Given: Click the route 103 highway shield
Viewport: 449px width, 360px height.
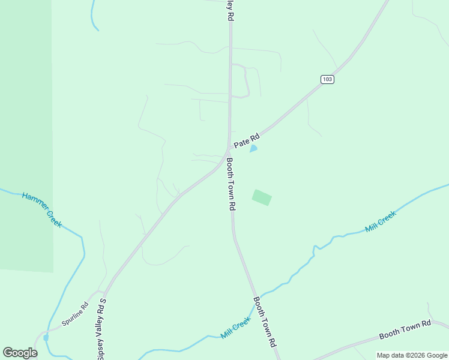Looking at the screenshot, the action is coord(327,79).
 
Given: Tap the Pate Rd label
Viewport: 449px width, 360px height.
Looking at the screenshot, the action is coord(246,142).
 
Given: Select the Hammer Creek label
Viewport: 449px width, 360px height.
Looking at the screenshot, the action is coord(41,209).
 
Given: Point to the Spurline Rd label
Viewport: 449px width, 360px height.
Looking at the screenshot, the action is coord(74,314).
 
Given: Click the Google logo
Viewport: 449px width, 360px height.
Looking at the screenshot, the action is coord(20,353).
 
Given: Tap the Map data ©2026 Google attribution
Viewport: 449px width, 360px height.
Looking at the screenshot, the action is coord(412,355).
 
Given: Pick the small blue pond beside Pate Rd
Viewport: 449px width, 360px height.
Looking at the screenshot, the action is coord(253,148).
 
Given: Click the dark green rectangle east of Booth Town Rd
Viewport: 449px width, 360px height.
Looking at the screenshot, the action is coord(262,197).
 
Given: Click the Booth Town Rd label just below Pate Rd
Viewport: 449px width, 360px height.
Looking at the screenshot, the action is coord(231,184).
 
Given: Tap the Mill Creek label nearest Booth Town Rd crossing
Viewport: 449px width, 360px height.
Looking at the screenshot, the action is coord(235,328).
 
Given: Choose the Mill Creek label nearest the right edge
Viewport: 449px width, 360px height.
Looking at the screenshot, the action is coord(381,222).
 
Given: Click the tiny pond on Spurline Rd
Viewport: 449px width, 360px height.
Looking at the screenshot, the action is coord(46,338).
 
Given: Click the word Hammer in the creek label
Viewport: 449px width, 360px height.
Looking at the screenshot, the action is coord(34,202).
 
